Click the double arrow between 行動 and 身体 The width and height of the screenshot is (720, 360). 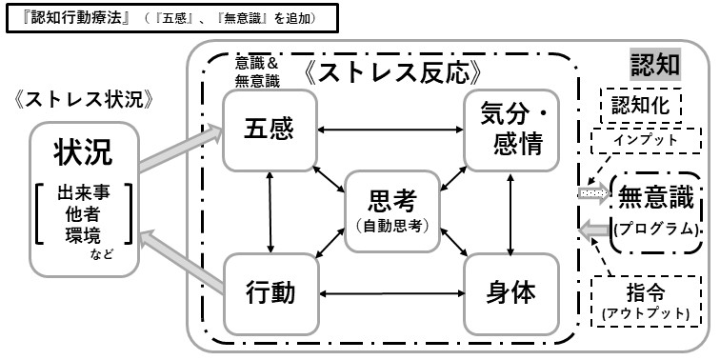(x=391, y=292)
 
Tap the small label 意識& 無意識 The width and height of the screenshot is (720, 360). (x=257, y=70)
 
